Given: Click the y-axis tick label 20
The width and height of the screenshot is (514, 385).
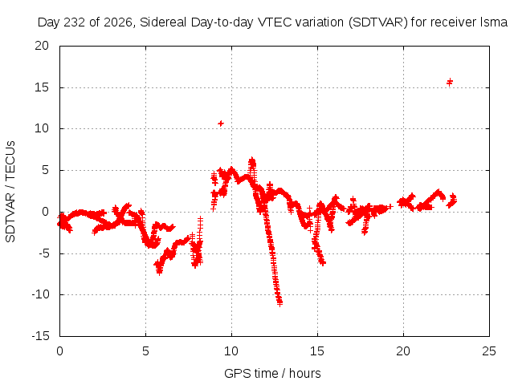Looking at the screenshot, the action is [x=42, y=46].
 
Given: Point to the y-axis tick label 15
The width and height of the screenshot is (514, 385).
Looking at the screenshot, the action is [x=42, y=87].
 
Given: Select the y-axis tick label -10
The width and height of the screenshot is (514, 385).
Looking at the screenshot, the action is [x=40, y=294].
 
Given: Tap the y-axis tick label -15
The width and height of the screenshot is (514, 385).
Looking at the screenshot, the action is [x=40, y=336].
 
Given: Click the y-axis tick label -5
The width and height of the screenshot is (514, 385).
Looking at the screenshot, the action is [x=43, y=253].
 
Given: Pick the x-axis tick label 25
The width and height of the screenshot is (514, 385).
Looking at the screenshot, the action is [x=489, y=351].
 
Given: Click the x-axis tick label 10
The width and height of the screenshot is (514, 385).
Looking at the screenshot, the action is [x=231, y=351].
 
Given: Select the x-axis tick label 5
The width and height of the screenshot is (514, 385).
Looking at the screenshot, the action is [x=145, y=351].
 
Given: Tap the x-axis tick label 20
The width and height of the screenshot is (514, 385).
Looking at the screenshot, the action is [x=403, y=351].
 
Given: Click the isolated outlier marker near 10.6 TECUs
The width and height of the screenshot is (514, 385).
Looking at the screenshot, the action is [x=221, y=124].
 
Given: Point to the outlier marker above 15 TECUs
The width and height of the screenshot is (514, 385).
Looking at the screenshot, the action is [x=450, y=82].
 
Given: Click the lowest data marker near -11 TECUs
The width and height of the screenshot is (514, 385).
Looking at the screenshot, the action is [x=279, y=303].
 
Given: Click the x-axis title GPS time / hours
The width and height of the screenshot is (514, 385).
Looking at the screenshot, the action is [x=272, y=373].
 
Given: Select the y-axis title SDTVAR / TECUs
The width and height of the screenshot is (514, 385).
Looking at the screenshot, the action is [x=10, y=192].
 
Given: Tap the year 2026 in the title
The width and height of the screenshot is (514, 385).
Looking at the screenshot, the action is [x=118, y=22].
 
